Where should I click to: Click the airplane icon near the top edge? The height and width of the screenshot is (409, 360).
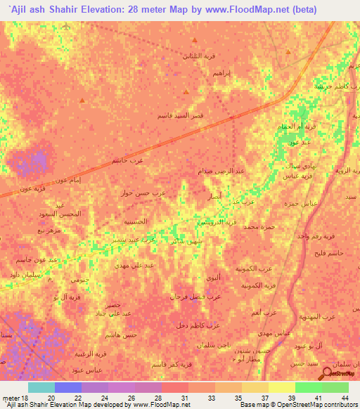(66, 26)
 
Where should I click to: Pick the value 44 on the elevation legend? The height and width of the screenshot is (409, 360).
(345, 398)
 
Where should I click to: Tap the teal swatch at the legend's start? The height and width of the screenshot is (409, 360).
(41, 387)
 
